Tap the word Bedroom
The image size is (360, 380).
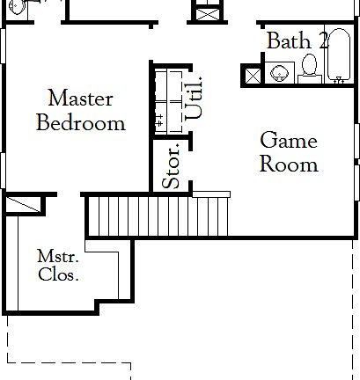coord(80,122)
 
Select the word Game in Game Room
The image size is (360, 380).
coord(288,140)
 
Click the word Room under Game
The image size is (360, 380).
coord(289,164)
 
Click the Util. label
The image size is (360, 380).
coord(195,98)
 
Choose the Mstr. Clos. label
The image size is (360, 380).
coord(58,265)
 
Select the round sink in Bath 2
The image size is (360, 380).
coord(281,73)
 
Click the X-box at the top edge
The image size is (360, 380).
coord(207,15)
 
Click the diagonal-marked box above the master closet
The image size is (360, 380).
coord(23,205)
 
